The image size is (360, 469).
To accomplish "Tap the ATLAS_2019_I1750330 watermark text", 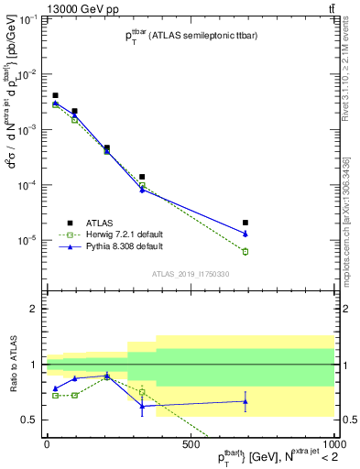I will pyautogui.click(x=190, y=274).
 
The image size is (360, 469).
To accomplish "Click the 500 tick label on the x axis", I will pyautogui.click(x=191, y=446).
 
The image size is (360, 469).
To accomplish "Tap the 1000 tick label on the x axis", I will pyautogui.click(x=333, y=446).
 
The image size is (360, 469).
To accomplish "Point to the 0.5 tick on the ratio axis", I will pyautogui.click(x=31, y=420).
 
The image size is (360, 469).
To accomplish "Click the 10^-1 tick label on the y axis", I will pyautogui.click(x=27, y=19).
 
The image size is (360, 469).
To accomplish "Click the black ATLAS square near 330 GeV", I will pyautogui.click(x=142, y=177).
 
